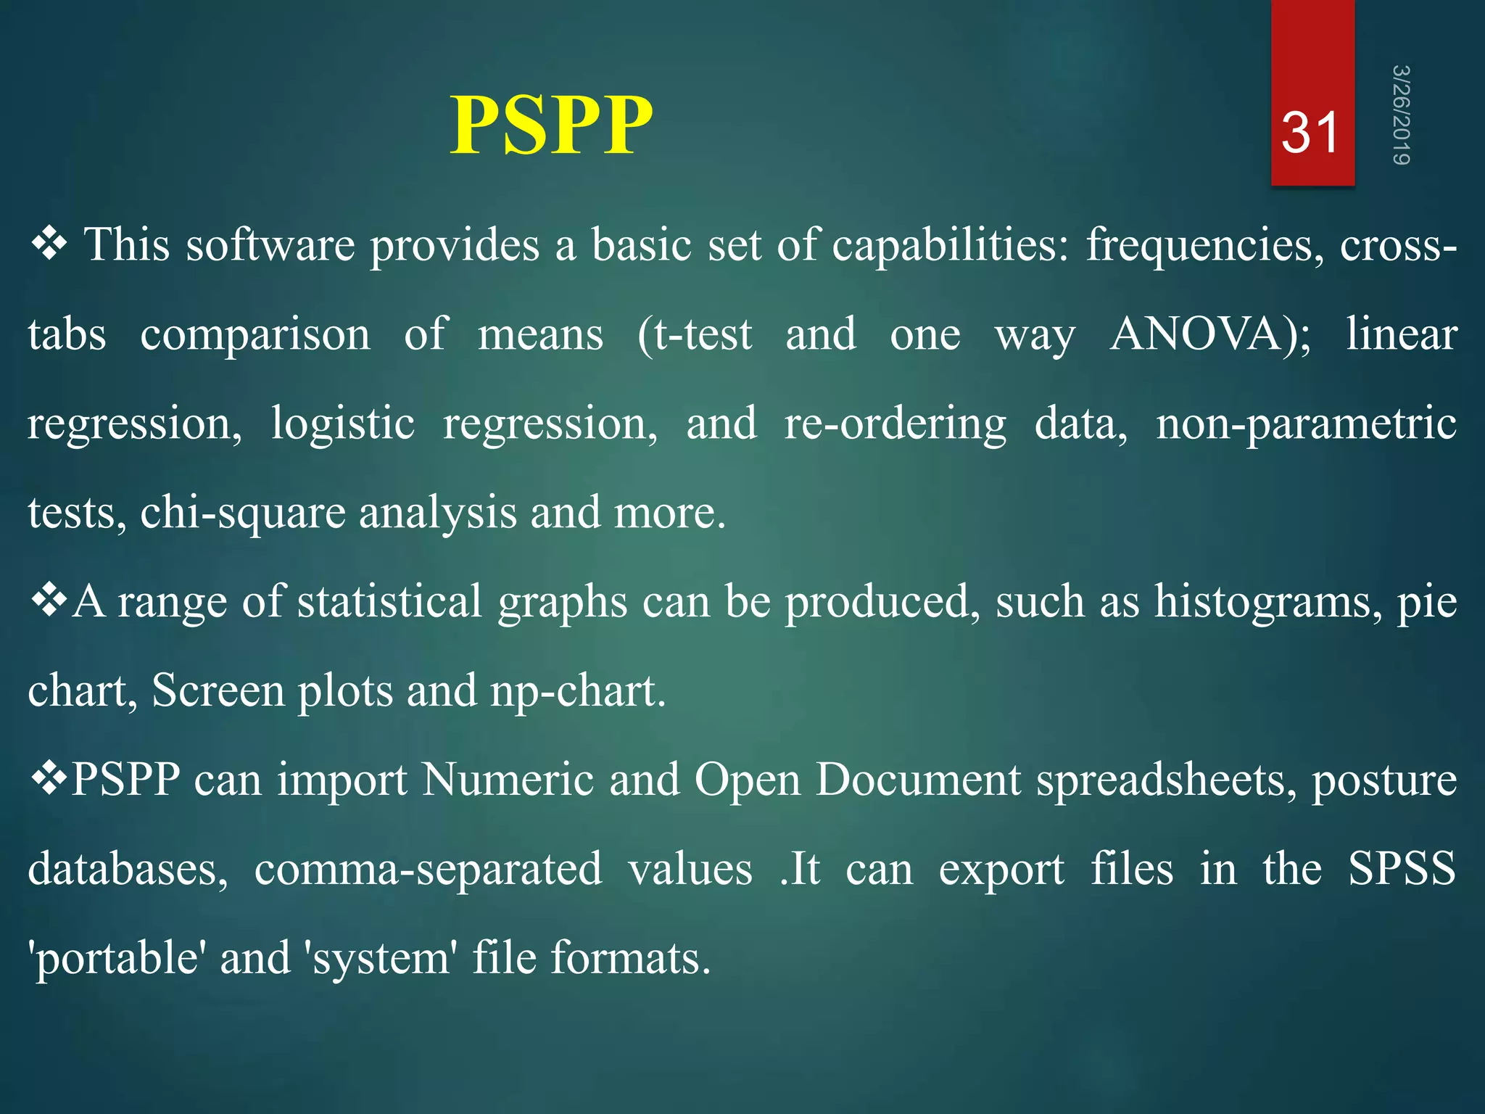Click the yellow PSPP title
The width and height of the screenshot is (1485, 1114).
click(551, 125)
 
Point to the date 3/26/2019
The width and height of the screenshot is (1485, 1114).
click(1400, 115)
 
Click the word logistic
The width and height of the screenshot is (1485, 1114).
click(342, 424)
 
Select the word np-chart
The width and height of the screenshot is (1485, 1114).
click(578, 691)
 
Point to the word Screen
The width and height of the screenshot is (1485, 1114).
click(218, 691)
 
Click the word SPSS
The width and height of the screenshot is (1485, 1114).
click(1402, 869)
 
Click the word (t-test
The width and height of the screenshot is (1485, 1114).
click(695, 335)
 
